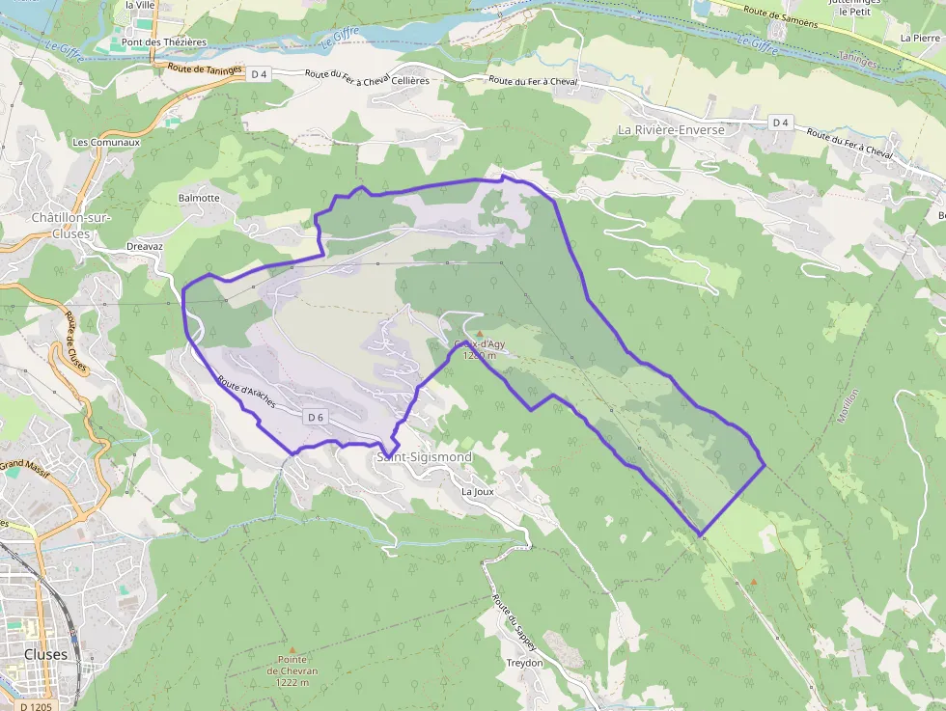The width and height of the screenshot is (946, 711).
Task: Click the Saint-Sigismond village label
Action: coord(425,456)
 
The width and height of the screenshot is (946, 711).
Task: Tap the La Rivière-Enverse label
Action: coord(671,129)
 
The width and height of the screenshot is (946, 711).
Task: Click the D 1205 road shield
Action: coord(36,706)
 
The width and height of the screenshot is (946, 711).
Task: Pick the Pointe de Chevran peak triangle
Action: coord(292,649)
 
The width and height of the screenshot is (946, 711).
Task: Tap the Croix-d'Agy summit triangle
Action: coord(480,333)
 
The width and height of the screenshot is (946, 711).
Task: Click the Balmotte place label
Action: coord(199,198)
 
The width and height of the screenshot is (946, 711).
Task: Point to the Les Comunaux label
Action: coord(106,142)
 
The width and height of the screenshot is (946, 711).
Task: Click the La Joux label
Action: coord(478,491)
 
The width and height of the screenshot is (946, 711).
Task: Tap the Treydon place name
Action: coord(525,663)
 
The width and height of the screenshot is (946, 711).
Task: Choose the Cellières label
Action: coord(410,81)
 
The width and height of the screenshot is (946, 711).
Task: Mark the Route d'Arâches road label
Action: coord(247,392)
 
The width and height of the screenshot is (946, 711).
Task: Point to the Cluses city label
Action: coord(45,654)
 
